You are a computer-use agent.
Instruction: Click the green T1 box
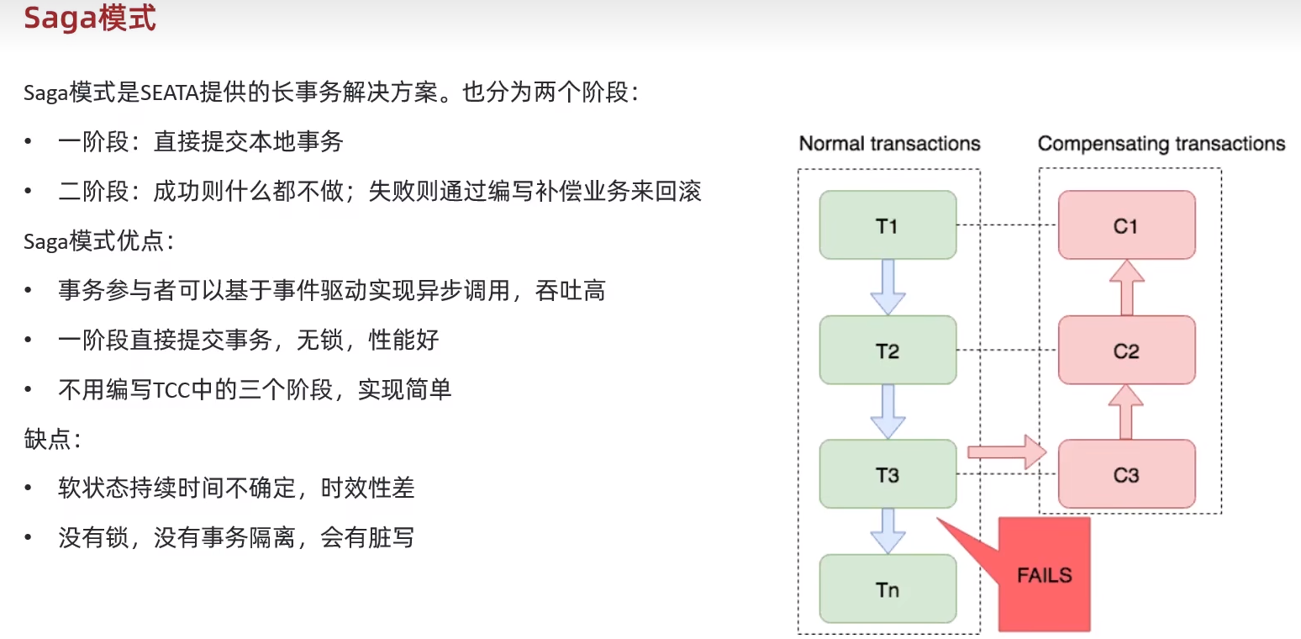(x=888, y=224)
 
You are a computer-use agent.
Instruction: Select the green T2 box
(x=888, y=350)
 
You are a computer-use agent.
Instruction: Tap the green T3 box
(x=888, y=474)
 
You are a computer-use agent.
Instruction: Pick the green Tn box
(x=888, y=589)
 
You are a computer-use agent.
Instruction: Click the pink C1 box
(x=1126, y=224)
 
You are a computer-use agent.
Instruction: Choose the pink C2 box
(x=1126, y=350)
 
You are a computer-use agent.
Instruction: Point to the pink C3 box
(x=1126, y=474)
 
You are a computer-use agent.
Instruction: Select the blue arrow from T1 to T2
(x=888, y=287)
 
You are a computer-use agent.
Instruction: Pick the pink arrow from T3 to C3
(x=1005, y=452)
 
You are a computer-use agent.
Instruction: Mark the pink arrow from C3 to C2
(x=1126, y=412)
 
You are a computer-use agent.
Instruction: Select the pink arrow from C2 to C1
(x=1126, y=287)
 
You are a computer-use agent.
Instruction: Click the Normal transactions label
(x=889, y=144)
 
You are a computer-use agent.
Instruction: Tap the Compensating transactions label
(x=1161, y=144)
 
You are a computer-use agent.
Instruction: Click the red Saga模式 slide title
(x=90, y=18)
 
